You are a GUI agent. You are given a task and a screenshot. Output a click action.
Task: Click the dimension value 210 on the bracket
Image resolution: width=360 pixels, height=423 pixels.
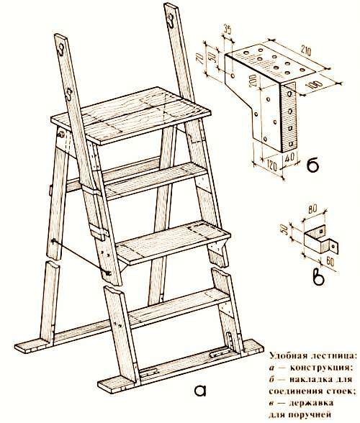[x=305, y=52]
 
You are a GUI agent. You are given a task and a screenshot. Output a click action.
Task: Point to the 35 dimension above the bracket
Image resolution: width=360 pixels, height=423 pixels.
[x=228, y=30]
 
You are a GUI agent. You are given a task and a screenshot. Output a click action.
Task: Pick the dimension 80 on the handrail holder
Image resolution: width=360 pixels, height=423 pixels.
[x=312, y=209]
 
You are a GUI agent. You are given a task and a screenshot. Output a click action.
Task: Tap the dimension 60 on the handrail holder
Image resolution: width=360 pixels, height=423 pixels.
[x=330, y=262]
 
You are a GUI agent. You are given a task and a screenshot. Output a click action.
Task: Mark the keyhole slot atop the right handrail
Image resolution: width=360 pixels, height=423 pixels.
[x=171, y=21]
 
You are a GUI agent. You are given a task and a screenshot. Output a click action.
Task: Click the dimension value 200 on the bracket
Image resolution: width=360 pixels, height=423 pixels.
[x=253, y=80]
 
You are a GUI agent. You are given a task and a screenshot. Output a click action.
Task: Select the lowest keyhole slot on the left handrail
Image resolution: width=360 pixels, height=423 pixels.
[x=69, y=95]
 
